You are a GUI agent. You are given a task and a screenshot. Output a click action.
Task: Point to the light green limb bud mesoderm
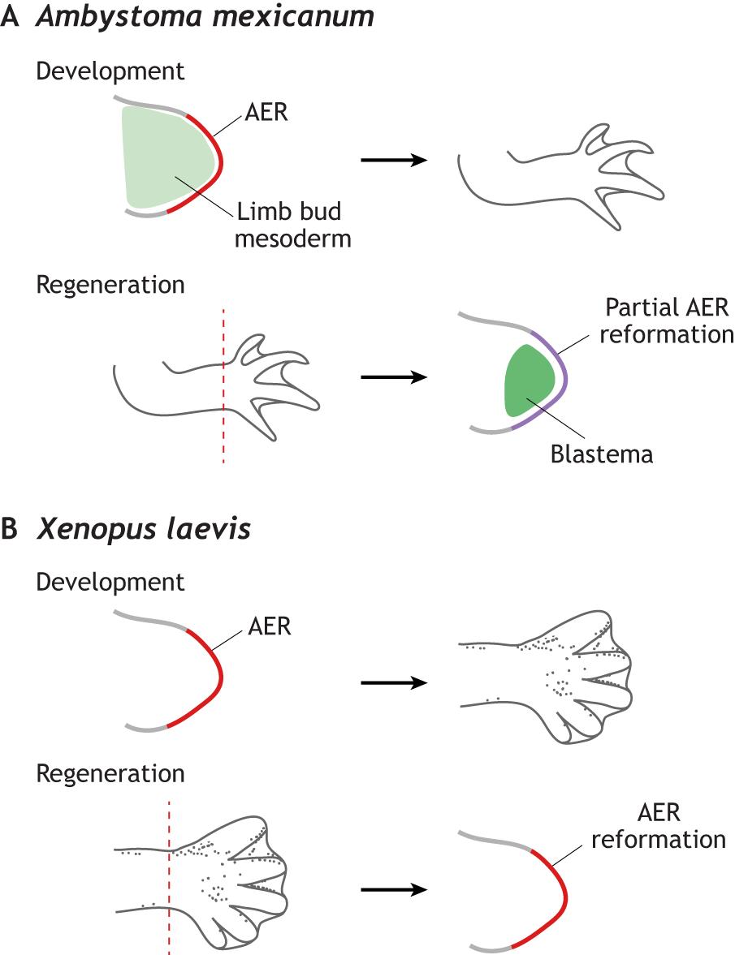(x=166, y=158)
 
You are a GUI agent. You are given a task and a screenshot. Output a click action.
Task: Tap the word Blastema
(x=601, y=454)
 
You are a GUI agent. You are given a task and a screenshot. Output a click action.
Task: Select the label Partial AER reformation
(x=665, y=321)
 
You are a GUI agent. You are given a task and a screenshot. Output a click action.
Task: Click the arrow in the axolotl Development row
(x=394, y=160)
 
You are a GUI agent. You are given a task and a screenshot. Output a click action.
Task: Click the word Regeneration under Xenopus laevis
(x=110, y=773)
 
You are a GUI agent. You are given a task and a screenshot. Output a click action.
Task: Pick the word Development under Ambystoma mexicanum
(x=110, y=71)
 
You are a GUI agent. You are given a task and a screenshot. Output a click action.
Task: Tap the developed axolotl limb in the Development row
(x=560, y=174)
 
